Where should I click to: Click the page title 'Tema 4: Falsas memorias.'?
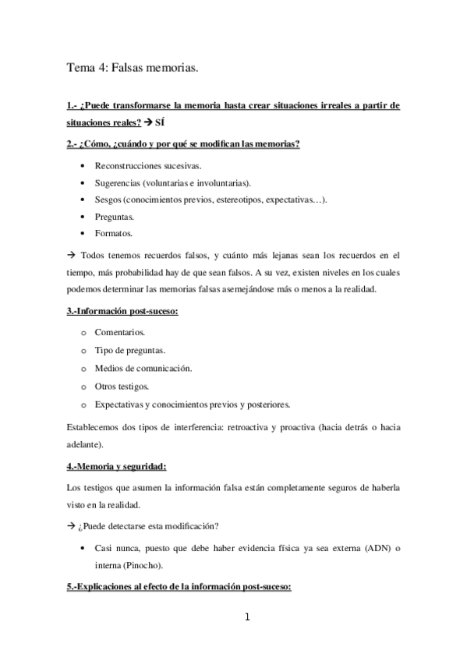point(133,69)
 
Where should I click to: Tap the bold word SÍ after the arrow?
point(160,123)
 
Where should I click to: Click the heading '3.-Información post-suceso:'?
point(123,313)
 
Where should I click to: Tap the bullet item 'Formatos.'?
point(114,233)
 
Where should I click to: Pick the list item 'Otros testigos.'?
point(122,387)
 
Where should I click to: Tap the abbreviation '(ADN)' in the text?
point(375,548)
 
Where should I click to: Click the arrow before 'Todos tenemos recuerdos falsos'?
point(70,254)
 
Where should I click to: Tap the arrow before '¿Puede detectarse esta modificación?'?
point(70,524)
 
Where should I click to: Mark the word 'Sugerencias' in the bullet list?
point(118,182)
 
